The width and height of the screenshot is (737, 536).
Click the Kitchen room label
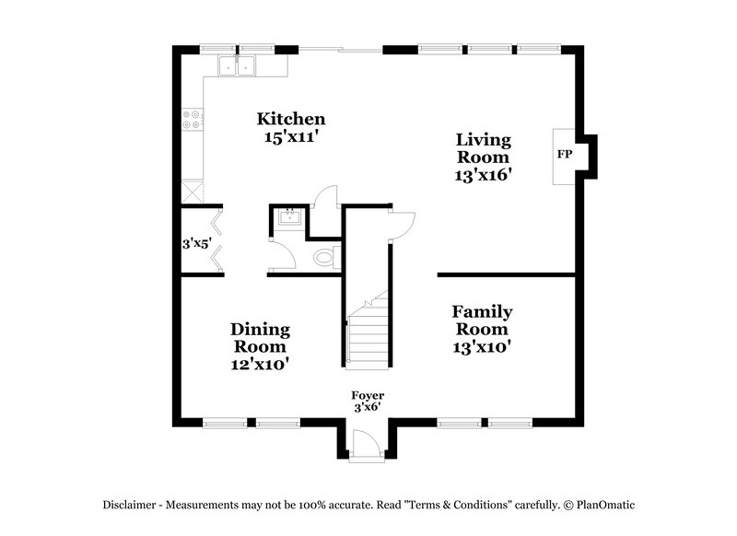(290, 119)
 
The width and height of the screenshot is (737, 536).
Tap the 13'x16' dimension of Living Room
(484, 172)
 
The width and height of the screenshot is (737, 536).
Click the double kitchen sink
(237, 65)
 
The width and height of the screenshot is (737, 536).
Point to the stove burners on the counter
(193, 120)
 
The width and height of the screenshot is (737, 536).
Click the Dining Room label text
(261, 337)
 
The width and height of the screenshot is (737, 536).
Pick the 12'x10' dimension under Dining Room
(261, 364)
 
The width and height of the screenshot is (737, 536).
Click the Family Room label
(482, 320)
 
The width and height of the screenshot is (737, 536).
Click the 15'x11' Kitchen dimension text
(290, 136)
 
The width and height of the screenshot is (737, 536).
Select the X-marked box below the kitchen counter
(193, 192)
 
